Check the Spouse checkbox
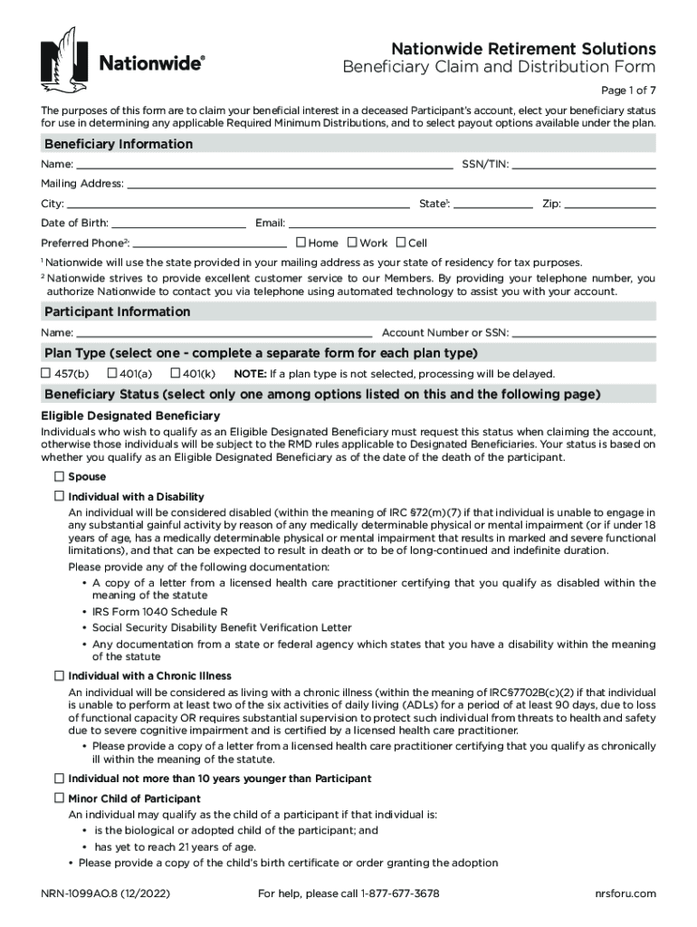[x=59, y=476]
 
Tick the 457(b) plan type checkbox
[x=46, y=373]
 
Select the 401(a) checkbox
[x=112, y=373]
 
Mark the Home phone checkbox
[x=301, y=243]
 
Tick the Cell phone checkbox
[x=401, y=243]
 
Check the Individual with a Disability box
[x=59, y=496]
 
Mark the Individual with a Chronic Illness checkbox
[x=59, y=675]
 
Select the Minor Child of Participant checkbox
[x=59, y=798]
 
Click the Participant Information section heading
[x=118, y=311]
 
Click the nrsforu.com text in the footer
[x=625, y=894]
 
